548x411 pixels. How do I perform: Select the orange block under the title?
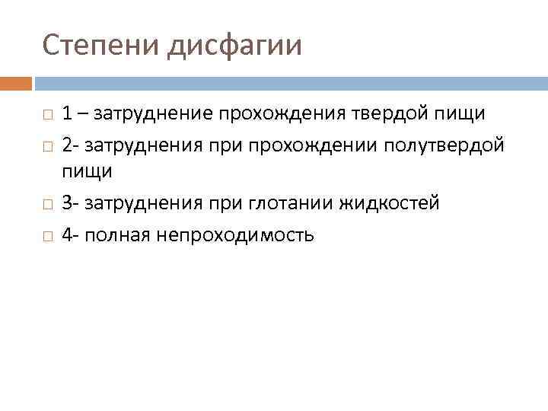click(15, 82)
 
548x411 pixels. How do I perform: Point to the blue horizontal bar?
click(290, 82)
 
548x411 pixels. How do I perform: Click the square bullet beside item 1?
click(47, 115)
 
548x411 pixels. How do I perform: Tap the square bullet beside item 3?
click(47, 205)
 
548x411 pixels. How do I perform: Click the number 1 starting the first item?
click(68, 114)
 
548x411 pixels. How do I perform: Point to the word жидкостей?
click(385, 203)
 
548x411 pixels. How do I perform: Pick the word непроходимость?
click(235, 235)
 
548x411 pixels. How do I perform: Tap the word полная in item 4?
click(118, 235)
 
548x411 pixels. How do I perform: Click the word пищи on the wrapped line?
click(87, 172)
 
